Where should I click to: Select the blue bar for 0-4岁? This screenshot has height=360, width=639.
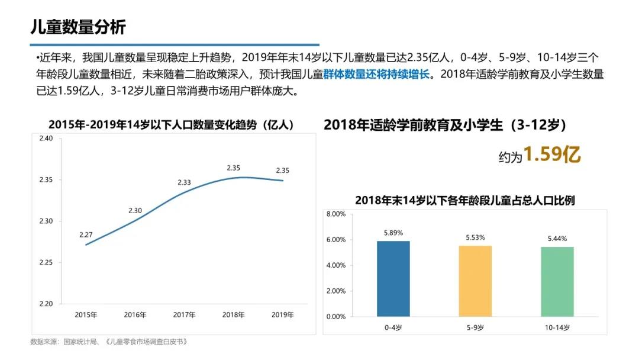[x=393, y=278]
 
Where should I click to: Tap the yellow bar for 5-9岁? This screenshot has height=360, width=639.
[x=475, y=281]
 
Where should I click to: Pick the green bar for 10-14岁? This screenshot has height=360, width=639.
[x=557, y=281]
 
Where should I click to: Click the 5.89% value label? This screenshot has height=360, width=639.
[x=393, y=233]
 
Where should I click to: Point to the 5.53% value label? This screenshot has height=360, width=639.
[x=475, y=237]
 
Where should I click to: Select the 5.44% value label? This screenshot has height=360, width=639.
[x=557, y=239]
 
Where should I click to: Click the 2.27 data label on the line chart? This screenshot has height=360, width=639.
[x=86, y=235]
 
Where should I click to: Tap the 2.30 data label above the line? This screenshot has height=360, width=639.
[x=135, y=210]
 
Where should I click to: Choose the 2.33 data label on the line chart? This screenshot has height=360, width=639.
[x=184, y=182]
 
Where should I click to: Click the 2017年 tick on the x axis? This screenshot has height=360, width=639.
[x=185, y=314]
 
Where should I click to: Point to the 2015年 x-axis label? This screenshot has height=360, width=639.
[x=86, y=314]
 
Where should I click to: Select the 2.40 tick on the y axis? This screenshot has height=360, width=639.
[x=46, y=139]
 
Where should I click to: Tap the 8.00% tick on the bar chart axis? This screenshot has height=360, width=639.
[x=335, y=214]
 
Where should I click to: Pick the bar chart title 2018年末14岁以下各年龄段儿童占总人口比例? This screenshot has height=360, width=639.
[x=465, y=201]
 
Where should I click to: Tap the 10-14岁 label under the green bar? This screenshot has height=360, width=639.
[x=557, y=327]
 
